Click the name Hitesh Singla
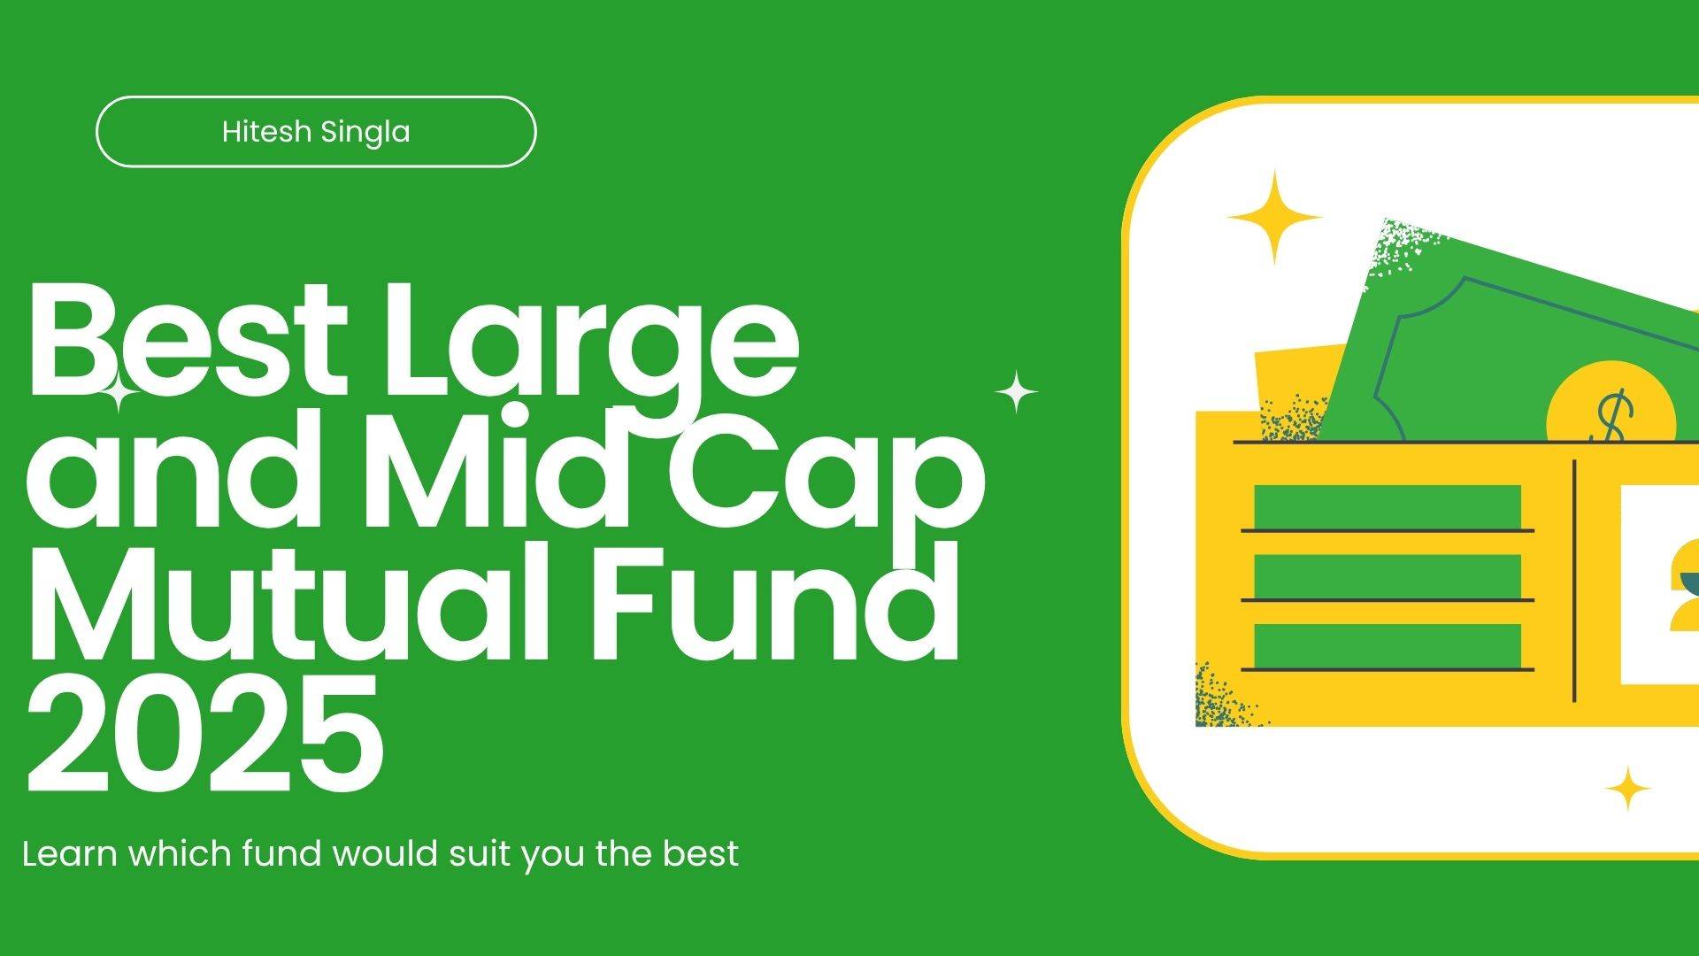click(316, 132)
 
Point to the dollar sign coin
click(1611, 403)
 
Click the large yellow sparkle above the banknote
click(1274, 217)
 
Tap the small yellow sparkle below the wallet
click(1626, 789)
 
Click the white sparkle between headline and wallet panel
click(1017, 392)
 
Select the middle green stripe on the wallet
click(1388, 576)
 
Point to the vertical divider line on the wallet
click(1574, 581)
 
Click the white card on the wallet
click(1659, 584)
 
